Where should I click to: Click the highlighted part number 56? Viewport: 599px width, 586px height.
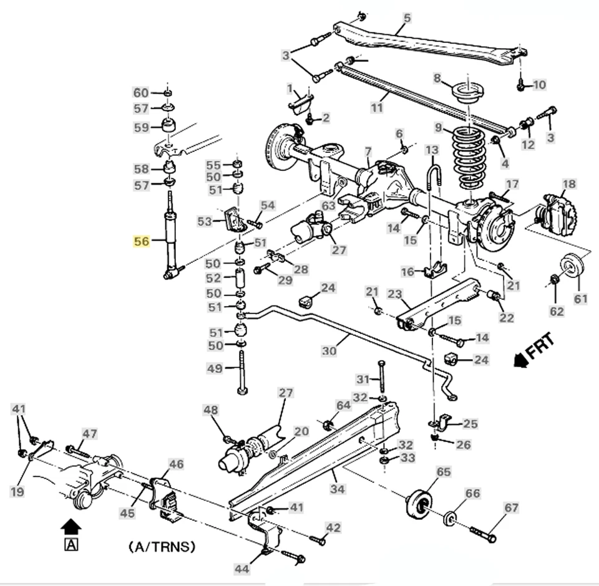142,241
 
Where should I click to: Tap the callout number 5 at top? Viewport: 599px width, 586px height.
407,18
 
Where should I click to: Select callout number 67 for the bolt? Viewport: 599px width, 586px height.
512,508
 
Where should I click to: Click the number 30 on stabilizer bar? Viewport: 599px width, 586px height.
329,351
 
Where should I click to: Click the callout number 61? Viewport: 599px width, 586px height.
581,299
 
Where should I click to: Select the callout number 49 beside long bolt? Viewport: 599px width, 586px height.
215,369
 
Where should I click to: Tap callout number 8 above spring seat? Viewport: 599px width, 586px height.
437,79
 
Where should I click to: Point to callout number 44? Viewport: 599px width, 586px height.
241,569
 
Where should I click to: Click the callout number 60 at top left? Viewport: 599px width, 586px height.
141,93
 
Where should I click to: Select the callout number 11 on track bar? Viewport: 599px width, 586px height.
376,107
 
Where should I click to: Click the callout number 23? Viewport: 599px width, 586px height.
394,294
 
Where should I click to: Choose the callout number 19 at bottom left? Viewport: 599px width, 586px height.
17,492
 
